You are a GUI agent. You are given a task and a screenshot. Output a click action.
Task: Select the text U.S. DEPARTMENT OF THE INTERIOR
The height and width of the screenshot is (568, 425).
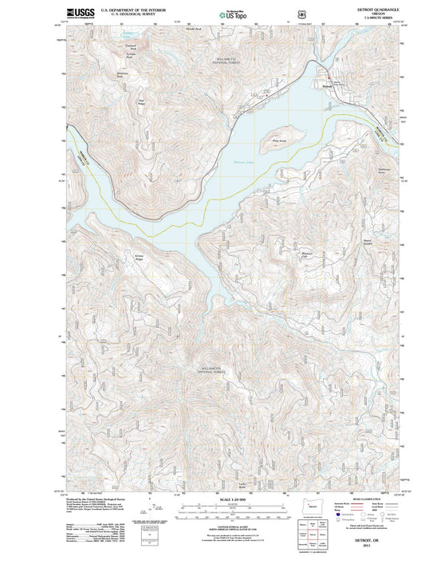pyautogui.click(x=132, y=8)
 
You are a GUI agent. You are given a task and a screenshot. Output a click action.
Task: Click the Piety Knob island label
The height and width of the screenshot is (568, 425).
pyautogui.click(x=280, y=138)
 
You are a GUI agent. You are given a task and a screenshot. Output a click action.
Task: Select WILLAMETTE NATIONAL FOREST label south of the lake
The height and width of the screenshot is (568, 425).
pyautogui.click(x=213, y=370)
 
